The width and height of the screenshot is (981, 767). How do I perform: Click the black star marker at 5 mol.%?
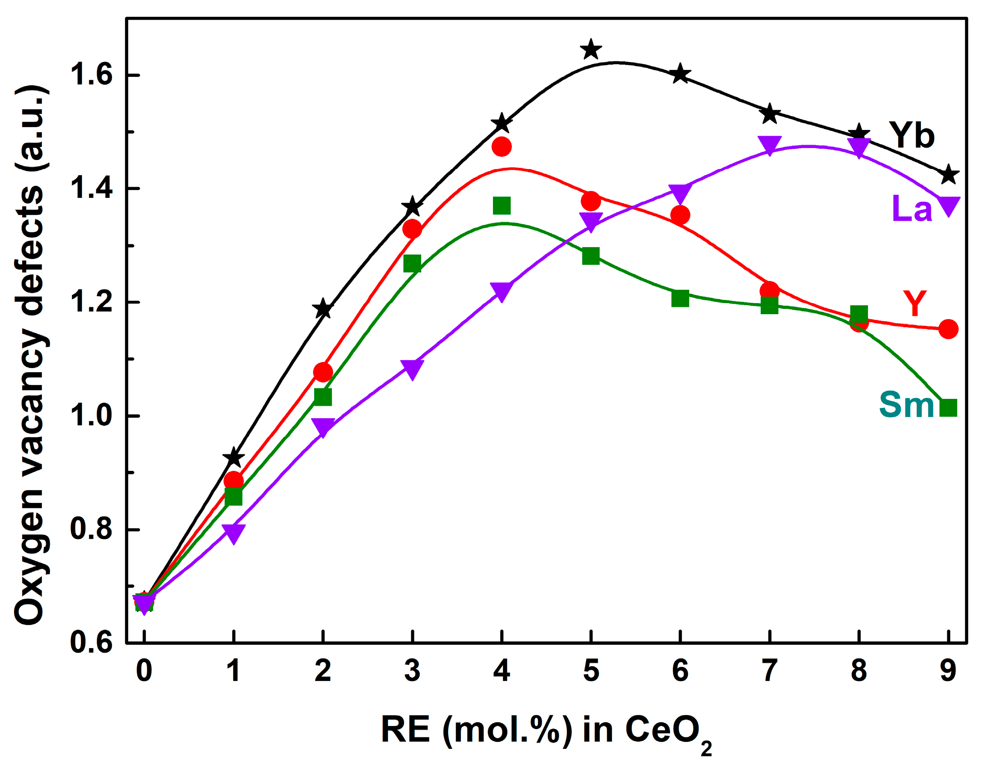pyautogui.click(x=591, y=49)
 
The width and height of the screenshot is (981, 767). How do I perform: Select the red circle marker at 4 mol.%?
pyautogui.click(x=502, y=146)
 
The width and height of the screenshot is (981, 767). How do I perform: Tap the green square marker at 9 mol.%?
pyautogui.click(x=948, y=408)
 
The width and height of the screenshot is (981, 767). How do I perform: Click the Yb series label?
pyautogui.click(x=912, y=135)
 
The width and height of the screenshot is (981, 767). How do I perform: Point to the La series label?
pyautogui.click(x=912, y=209)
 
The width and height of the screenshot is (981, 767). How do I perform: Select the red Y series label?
pyautogui.click(x=914, y=303)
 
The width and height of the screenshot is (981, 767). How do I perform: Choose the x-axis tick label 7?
pyautogui.click(x=769, y=671)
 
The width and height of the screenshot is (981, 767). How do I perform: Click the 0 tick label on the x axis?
pyautogui.click(x=144, y=671)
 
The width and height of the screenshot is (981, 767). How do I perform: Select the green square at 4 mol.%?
pyautogui.click(x=502, y=206)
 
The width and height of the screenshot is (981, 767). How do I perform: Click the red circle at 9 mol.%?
pyautogui.click(x=948, y=329)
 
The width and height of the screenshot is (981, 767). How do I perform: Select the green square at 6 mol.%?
pyautogui.click(x=680, y=298)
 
